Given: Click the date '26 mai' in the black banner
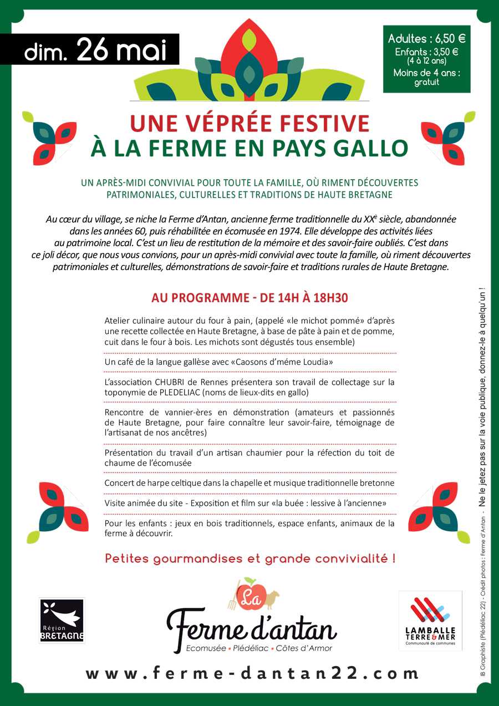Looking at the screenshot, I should point(122,50).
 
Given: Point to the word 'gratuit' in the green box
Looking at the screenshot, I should point(426,82).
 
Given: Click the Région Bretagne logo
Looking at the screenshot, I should point(62,620).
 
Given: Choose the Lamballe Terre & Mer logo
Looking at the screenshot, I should point(430,620).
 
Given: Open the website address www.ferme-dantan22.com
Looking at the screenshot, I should point(252,673).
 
